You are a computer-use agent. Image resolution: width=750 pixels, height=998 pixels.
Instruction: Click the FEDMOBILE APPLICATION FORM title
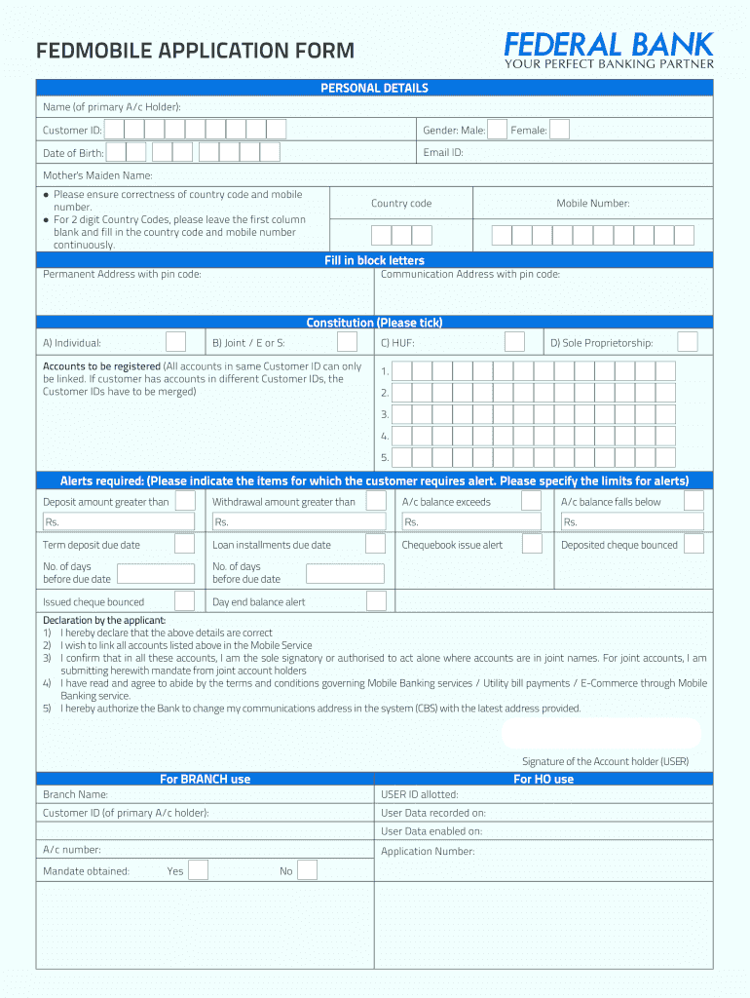point(195,51)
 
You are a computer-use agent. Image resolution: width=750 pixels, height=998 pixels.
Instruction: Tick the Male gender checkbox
point(497,130)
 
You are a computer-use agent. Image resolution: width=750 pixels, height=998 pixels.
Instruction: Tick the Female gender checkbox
point(559,130)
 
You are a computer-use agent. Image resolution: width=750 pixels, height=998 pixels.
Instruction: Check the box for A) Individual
point(175,342)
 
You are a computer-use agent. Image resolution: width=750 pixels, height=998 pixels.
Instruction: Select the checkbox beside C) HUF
point(514,342)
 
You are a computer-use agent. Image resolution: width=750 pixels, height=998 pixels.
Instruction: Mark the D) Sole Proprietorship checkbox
point(687,342)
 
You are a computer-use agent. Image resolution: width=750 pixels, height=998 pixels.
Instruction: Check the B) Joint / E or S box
point(347,342)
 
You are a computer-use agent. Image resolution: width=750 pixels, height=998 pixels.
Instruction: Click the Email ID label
point(443,153)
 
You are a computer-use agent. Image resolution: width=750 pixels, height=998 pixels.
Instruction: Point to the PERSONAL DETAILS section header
point(375,88)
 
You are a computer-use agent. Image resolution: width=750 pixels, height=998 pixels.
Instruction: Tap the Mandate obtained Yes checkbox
point(198,870)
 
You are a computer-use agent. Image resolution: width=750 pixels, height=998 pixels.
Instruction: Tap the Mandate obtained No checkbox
point(307,870)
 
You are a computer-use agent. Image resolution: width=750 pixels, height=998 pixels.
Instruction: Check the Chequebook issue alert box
point(531,544)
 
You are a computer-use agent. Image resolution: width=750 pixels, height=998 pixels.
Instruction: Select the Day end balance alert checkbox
point(375,601)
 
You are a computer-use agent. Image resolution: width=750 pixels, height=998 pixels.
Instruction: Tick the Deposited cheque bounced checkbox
point(693,544)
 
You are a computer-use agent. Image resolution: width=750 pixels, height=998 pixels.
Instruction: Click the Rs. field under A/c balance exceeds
point(471,522)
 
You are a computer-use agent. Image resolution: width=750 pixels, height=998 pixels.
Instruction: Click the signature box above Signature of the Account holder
point(601,733)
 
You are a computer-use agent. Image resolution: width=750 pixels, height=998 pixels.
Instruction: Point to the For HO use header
point(544,779)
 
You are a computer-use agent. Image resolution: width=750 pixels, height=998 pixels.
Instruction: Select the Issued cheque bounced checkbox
point(184,601)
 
